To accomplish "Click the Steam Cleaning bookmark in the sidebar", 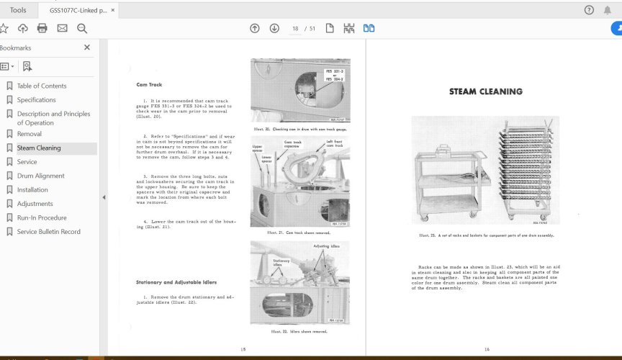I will click(x=39, y=148).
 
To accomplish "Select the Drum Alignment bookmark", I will click(x=40, y=176).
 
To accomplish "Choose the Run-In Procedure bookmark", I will click(x=42, y=218).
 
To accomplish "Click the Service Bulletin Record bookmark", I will click(x=48, y=232).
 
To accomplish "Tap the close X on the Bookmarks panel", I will click(x=87, y=48).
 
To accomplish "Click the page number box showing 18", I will click(x=295, y=29).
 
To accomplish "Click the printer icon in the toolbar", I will click(x=42, y=29).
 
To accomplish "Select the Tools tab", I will click(x=19, y=10).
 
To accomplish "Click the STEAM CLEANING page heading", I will click(x=486, y=92).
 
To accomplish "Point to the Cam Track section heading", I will click(x=149, y=85).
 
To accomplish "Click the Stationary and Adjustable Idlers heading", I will click(x=176, y=282).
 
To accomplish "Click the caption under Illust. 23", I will click(x=486, y=235).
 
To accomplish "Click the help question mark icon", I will click(x=590, y=10).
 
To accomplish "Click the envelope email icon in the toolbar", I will click(x=62, y=29).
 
